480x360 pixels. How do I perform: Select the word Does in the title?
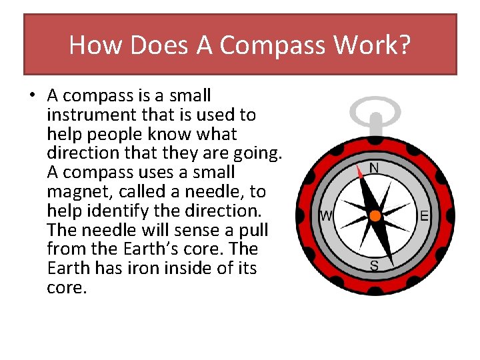click(153, 45)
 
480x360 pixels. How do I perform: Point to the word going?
click(259, 153)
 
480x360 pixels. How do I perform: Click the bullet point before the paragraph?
click(31, 96)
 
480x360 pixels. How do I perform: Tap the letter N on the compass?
click(374, 168)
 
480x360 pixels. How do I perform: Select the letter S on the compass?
click(374, 266)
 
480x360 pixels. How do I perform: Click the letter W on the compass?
click(326, 216)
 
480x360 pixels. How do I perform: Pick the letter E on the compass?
click(423, 216)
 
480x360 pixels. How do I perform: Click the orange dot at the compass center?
click(375, 216)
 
